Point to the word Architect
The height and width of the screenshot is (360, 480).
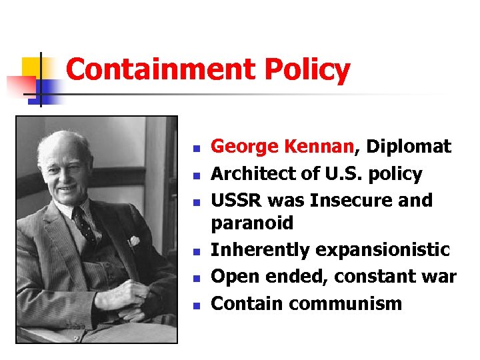[251, 174]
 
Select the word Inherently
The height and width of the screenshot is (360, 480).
[258, 250]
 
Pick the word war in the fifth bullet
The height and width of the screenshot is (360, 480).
[439, 276]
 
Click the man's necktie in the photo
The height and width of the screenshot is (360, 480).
[83, 223]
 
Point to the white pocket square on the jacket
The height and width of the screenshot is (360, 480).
[133, 241]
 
